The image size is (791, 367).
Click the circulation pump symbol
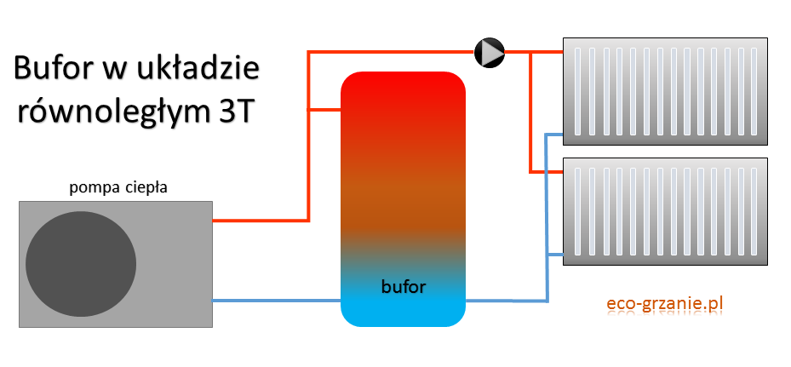point(490,52)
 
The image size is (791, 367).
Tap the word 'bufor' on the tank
point(403,286)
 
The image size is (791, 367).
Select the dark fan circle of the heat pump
point(81,264)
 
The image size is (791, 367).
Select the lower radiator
point(664,211)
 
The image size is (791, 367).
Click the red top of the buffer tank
point(403,102)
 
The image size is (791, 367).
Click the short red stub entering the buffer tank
point(324,109)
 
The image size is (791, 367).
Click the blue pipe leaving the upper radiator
point(553,135)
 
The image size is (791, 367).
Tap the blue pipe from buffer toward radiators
point(507,300)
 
